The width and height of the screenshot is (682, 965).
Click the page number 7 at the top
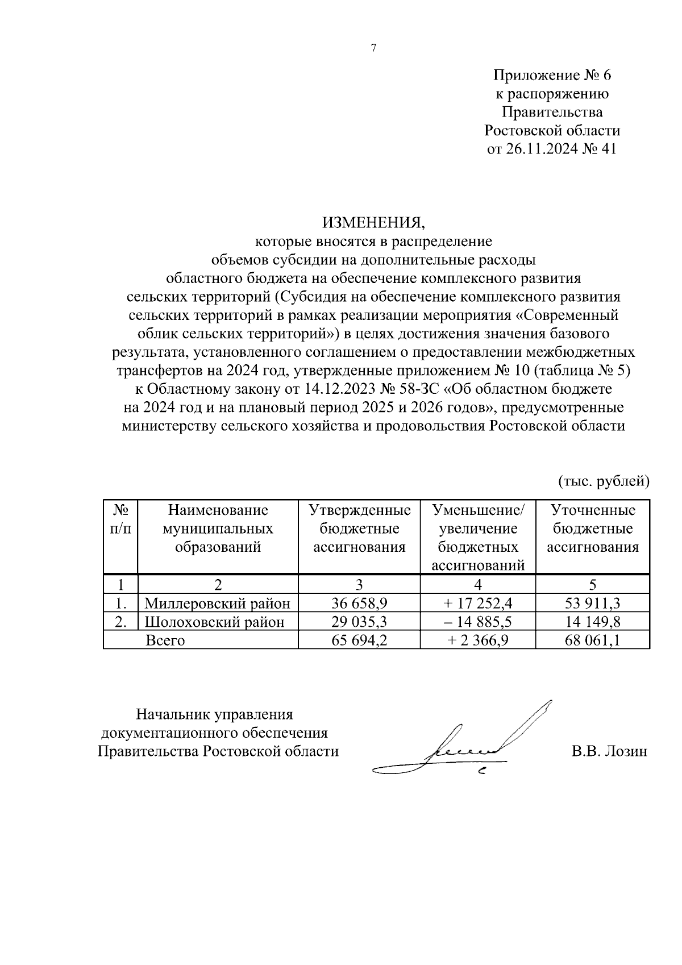(x=373, y=48)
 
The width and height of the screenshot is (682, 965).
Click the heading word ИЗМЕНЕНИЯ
(x=373, y=222)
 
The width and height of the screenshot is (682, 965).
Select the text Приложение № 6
(x=552, y=75)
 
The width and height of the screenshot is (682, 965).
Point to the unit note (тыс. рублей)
(x=603, y=481)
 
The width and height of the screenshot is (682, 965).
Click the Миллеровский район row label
(x=218, y=604)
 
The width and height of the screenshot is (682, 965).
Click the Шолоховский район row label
(x=214, y=622)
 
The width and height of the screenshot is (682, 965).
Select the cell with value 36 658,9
(x=359, y=604)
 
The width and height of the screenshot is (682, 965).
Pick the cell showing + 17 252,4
(x=477, y=604)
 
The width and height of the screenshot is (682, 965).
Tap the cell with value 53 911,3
(x=593, y=604)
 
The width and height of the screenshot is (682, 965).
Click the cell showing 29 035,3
(x=359, y=622)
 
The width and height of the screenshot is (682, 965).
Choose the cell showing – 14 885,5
(x=477, y=622)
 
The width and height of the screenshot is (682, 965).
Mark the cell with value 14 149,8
(x=593, y=622)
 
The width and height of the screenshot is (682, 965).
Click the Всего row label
(x=165, y=640)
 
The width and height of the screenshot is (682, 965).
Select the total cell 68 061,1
(x=593, y=640)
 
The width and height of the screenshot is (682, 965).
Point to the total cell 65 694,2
(x=359, y=640)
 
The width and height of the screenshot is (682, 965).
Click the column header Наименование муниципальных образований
(x=218, y=529)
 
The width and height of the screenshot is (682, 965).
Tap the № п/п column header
(x=120, y=519)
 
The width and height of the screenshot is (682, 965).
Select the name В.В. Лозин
(x=609, y=751)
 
